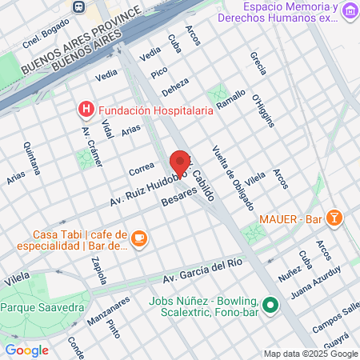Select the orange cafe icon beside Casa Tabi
coord(138,238)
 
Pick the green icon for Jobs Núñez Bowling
coord(270,304)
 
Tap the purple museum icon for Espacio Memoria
coord(350,13)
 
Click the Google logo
coord(26,350)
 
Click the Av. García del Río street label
coord(202,270)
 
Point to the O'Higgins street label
coord(267,111)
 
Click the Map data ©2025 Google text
coord(311,354)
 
